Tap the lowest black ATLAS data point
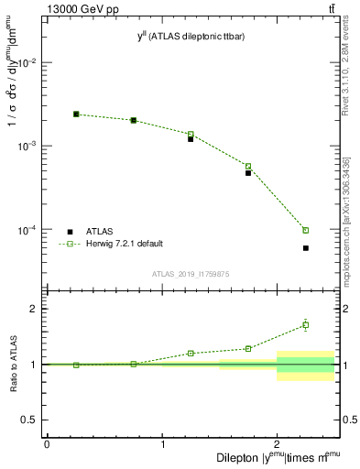pyautogui.click(x=306, y=248)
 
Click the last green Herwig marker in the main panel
pyautogui.click(x=306, y=230)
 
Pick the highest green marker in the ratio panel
pyautogui.click(x=306, y=324)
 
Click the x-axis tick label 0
pyautogui.click(x=47, y=445)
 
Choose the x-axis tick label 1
pyautogui.click(x=162, y=445)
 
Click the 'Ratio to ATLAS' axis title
pyautogui.click(x=13, y=365)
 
